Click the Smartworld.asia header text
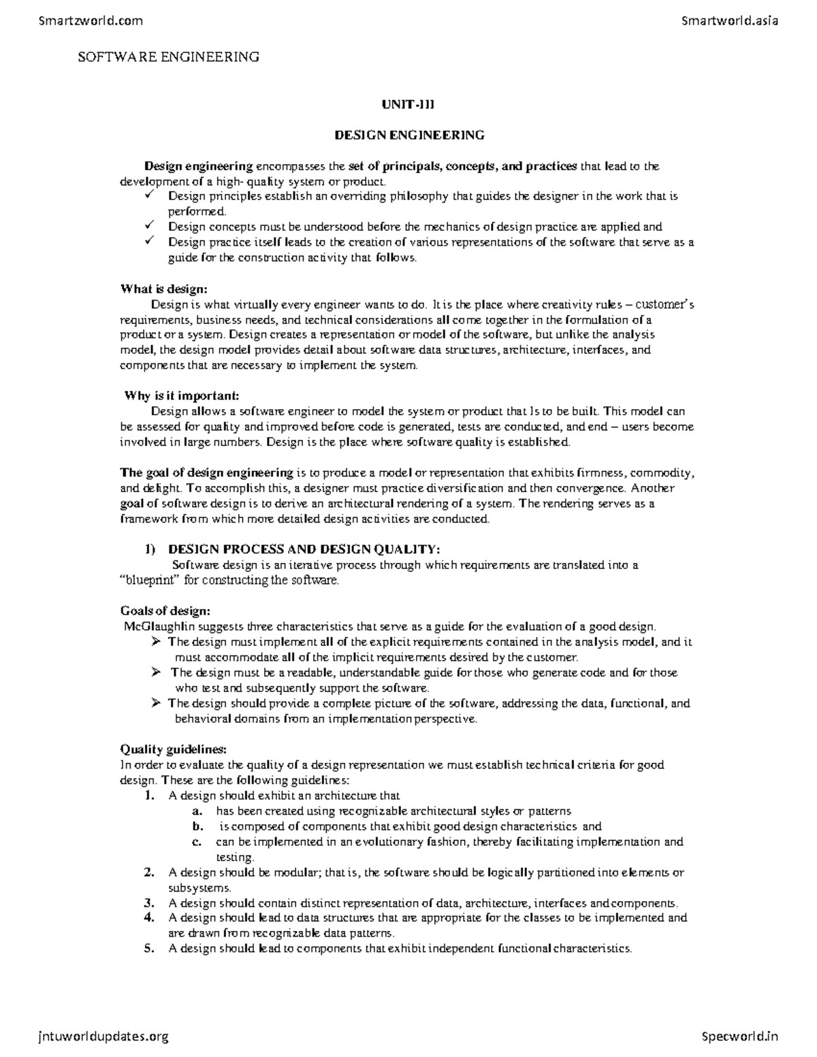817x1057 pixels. click(x=729, y=20)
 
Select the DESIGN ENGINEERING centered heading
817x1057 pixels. click(x=409, y=135)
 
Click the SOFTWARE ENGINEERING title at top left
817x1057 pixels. click(x=168, y=57)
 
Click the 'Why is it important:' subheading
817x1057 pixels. click(x=182, y=396)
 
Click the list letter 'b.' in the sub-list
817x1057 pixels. click(x=197, y=826)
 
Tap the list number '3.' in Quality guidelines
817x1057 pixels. click(x=150, y=903)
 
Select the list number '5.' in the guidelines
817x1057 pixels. click(x=150, y=949)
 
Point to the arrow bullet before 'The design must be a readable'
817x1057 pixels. click(x=156, y=672)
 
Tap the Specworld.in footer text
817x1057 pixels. click(x=739, y=1037)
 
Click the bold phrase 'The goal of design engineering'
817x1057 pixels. click(x=207, y=472)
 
